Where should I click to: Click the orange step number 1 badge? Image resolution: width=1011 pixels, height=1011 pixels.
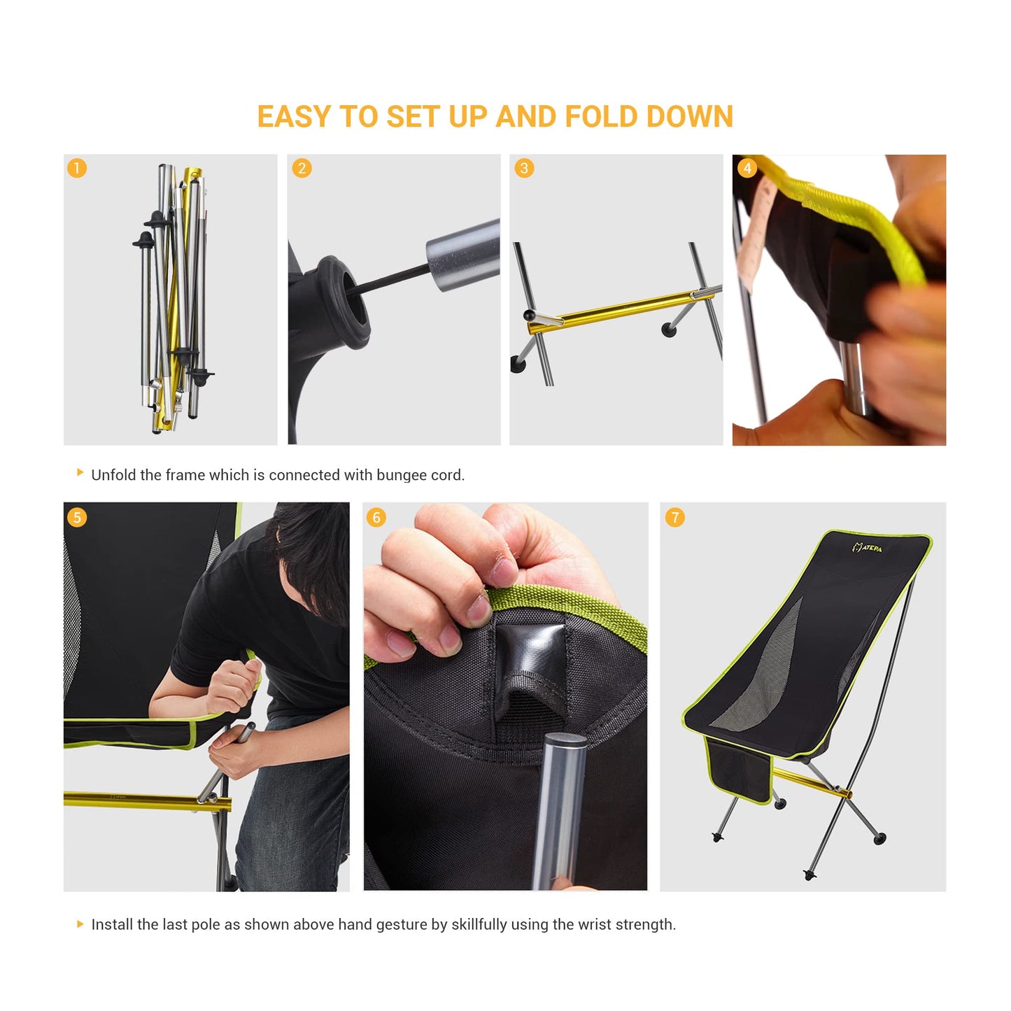(x=77, y=168)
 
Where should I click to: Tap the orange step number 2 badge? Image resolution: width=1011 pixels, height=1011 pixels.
(x=302, y=168)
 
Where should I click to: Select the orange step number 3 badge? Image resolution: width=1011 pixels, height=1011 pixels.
(x=524, y=168)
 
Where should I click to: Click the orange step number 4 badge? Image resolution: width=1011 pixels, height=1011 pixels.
(x=747, y=168)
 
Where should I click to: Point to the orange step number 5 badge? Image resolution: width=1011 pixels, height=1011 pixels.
(x=77, y=517)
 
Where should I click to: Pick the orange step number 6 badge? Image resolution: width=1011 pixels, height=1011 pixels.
(x=376, y=517)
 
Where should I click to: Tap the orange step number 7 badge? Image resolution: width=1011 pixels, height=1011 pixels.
(x=675, y=517)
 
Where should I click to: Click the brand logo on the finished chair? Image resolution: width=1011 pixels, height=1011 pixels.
(x=867, y=547)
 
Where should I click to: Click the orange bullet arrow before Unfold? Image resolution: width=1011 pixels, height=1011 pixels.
(x=80, y=473)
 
